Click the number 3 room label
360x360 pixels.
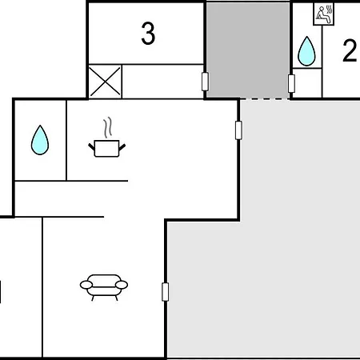148,34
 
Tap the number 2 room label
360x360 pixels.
350,50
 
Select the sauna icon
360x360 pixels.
323,14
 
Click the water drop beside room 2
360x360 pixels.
306,51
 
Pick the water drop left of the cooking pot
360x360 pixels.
40,140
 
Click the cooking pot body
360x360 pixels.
106,149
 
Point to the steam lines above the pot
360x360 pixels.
107,127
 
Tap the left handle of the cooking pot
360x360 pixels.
91,146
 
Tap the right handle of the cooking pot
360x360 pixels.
122,146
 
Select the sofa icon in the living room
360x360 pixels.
104,287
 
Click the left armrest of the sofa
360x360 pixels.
86,285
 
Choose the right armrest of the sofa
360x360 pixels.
122,285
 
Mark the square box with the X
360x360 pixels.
105,82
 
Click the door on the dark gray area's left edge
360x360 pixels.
205,82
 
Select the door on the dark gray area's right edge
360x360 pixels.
291,84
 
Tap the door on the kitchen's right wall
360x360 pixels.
238,130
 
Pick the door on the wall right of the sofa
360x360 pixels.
166,292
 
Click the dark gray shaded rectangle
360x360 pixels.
248,50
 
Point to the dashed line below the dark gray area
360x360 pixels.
265,99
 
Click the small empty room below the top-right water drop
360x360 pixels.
307,83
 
